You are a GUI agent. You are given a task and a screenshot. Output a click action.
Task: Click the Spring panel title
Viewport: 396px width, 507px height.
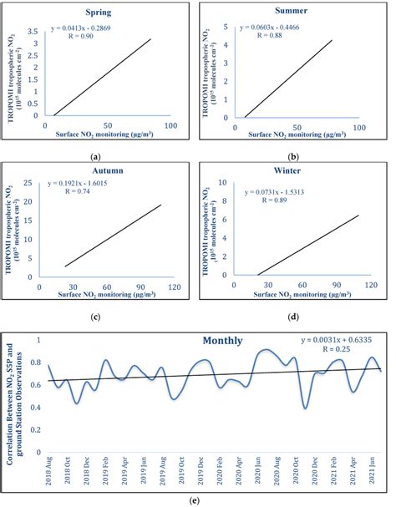click(x=99, y=13)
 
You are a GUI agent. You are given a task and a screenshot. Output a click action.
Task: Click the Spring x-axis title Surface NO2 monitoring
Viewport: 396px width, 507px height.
click(x=99, y=134)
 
